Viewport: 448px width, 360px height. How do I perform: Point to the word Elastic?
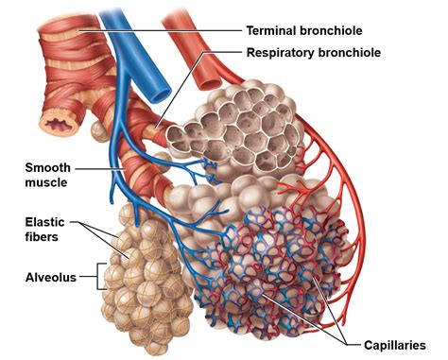[44, 222]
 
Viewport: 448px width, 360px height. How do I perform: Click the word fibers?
[41, 237]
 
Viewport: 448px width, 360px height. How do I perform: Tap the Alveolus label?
[49, 277]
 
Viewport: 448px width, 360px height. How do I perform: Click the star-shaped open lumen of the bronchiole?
[52, 121]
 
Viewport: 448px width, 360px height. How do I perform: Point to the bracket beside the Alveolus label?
[95, 277]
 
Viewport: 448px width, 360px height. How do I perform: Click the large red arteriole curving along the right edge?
[355, 189]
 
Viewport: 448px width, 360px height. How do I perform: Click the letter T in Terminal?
[250, 30]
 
